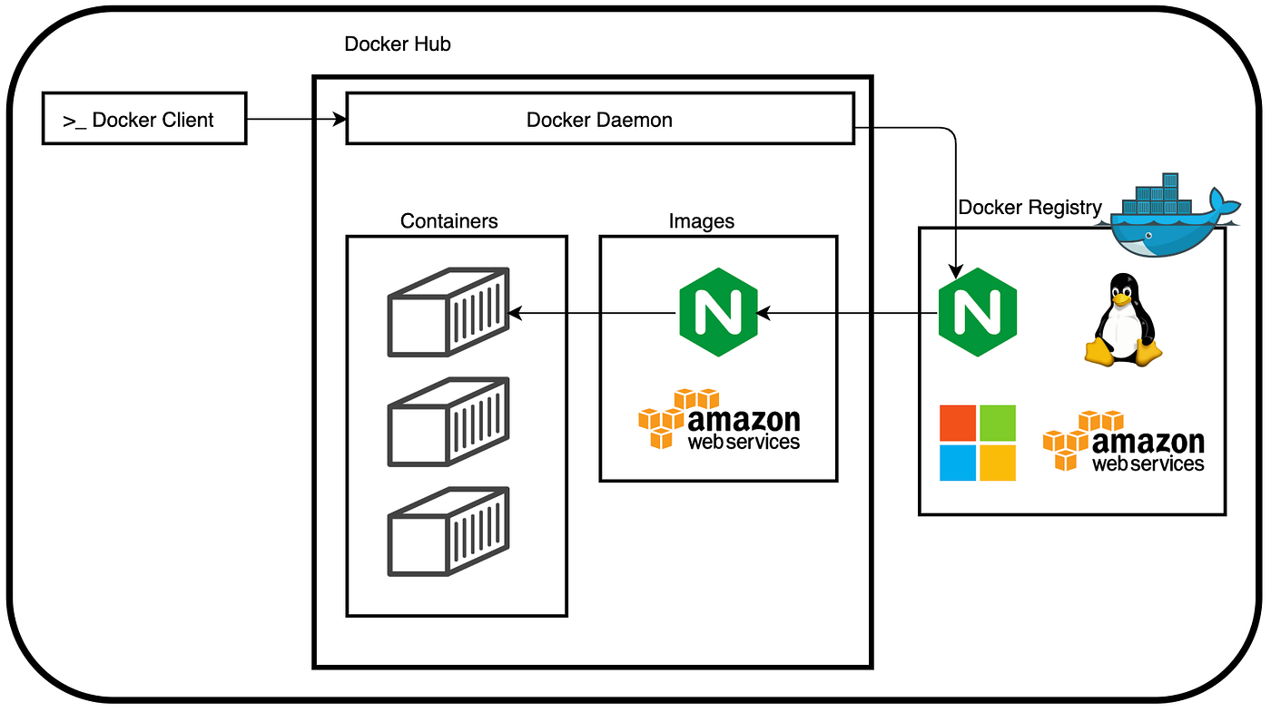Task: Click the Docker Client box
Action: tap(144, 119)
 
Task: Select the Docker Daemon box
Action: tap(600, 119)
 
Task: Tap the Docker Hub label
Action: tap(398, 44)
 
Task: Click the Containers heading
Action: tap(449, 220)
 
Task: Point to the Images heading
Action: tap(702, 220)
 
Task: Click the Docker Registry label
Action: tap(1030, 208)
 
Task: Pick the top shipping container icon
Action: tap(448, 312)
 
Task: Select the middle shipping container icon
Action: tap(448, 422)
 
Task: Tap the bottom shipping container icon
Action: tap(448, 532)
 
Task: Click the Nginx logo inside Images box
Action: tap(718, 312)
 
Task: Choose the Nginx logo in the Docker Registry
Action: tap(977, 312)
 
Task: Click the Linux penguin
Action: tap(1122, 320)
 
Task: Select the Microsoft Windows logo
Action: tap(978, 443)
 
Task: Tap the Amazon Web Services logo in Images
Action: tap(719, 420)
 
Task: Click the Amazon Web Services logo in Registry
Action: tap(1124, 441)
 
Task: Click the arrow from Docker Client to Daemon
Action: tap(296, 119)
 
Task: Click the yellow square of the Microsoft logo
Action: tap(998, 463)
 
